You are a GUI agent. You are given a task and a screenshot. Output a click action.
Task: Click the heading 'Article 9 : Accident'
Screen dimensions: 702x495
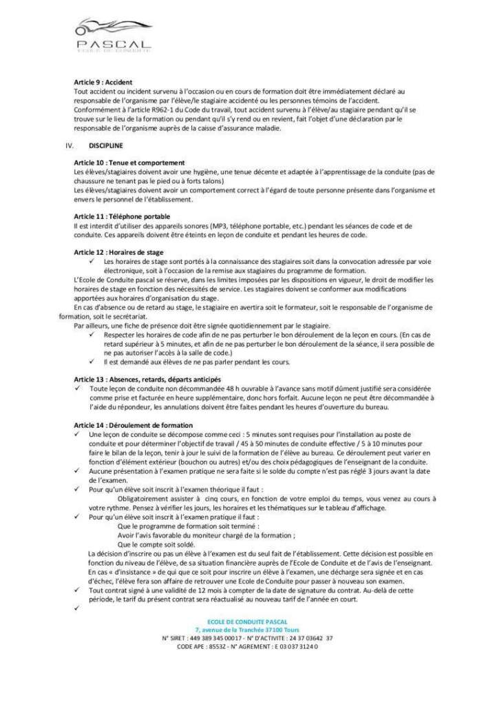(103, 82)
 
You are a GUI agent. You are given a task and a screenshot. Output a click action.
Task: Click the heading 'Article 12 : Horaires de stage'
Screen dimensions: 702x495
(118, 252)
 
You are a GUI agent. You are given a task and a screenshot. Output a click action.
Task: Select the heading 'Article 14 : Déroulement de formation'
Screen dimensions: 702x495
(134, 424)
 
